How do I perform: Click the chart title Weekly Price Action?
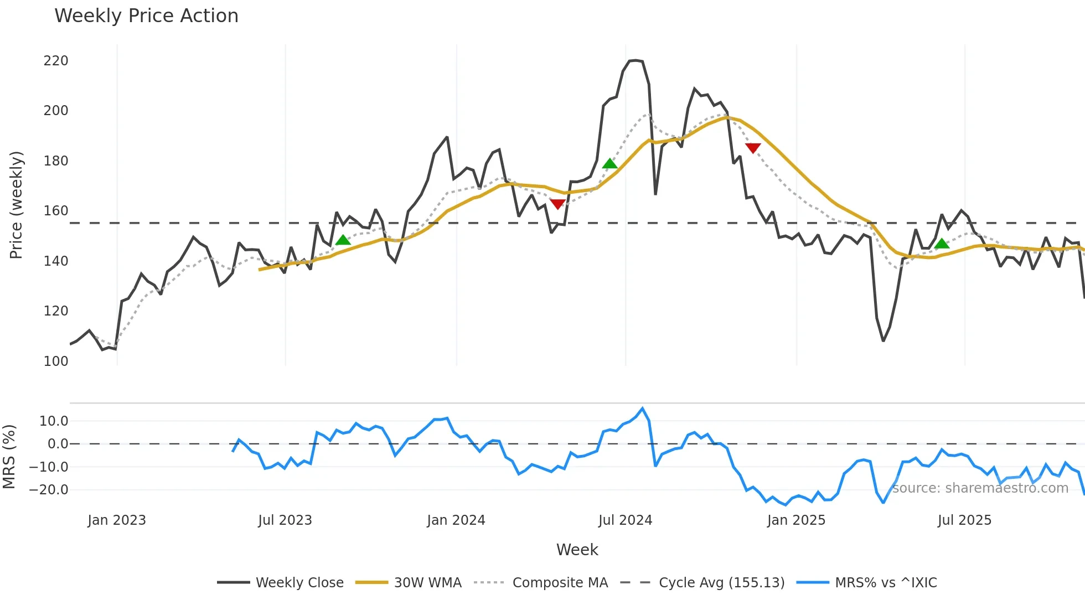pyautogui.click(x=146, y=16)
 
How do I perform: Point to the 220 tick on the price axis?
pyautogui.click(x=56, y=61)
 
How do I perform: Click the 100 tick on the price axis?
pyautogui.click(x=56, y=361)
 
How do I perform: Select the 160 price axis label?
pyautogui.click(x=56, y=211)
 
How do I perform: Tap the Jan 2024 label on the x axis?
pyautogui.click(x=456, y=520)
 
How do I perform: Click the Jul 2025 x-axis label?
pyautogui.click(x=964, y=520)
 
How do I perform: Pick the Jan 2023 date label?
pyautogui.click(x=117, y=520)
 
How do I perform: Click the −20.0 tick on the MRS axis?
pyautogui.click(x=49, y=490)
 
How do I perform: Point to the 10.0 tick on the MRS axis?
pyautogui.click(x=54, y=421)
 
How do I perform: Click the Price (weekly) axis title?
pyautogui.click(x=16, y=205)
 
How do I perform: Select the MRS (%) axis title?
pyautogui.click(x=9, y=457)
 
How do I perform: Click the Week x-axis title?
pyautogui.click(x=577, y=550)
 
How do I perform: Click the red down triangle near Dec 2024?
pyautogui.click(x=753, y=148)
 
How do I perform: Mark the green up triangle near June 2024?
pyautogui.click(x=609, y=163)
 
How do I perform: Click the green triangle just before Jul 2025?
pyautogui.click(x=942, y=244)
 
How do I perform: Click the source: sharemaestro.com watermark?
pyautogui.click(x=980, y=488)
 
